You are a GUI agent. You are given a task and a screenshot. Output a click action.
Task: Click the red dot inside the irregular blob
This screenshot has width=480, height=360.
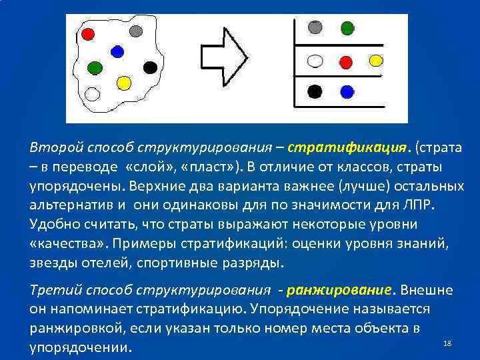pos(88,33)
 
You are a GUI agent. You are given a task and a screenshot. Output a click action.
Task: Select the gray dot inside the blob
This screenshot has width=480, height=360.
pos(136,31)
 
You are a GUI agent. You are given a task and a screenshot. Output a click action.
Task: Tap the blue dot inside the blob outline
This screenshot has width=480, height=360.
pos(117,51)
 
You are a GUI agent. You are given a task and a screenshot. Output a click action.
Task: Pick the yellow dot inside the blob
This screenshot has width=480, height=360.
pos(123,83)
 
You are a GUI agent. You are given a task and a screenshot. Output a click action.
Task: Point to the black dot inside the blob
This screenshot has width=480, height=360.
pos(151,67)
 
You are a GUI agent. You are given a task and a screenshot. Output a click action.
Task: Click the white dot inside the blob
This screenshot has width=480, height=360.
pos(93,94)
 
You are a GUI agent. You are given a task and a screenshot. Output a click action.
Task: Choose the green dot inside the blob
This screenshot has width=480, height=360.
pos(95,67)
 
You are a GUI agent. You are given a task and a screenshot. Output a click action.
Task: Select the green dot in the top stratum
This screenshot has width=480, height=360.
pos(347,28)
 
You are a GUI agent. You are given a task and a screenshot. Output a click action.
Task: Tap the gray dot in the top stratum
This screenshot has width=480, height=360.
pos(316,28)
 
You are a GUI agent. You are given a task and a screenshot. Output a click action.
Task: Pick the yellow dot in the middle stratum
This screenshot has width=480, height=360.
pos(377,61)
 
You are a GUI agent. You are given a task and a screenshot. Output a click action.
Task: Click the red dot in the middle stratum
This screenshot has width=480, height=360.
pos(346,61)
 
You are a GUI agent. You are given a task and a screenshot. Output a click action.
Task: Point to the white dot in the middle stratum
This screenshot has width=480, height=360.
pos(316,61)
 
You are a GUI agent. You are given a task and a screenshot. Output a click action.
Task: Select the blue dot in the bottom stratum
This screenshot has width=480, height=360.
pos(347,91)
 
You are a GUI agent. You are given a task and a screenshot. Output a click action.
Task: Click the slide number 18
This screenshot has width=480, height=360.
pos(447,343)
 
